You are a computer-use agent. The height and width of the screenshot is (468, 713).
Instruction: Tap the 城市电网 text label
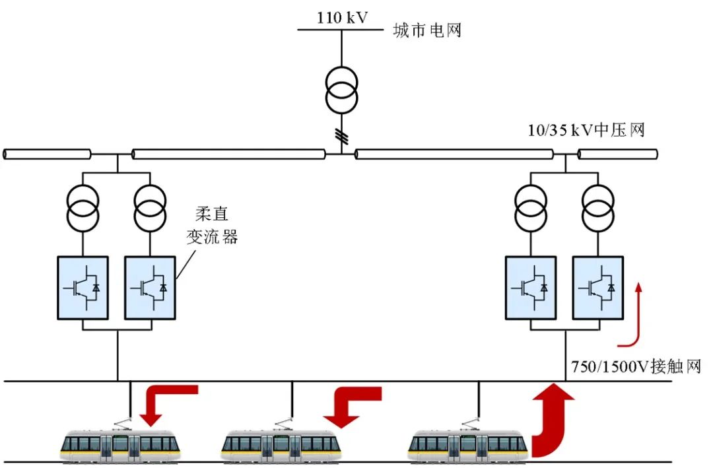coord(426,30)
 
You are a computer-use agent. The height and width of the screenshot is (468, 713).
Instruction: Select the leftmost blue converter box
coord(83,288)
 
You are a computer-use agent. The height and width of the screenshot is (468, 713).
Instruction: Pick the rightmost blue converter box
coord(597,287)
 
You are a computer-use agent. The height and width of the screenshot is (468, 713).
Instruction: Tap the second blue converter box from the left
coord(150,288)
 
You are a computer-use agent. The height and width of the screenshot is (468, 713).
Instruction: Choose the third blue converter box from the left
coord(531,287)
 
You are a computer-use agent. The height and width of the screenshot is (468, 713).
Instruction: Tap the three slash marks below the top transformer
coord(341,136)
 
